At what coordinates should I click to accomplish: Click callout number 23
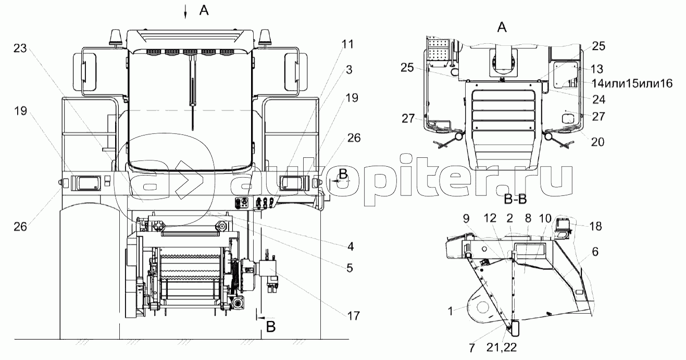tap(20, 48)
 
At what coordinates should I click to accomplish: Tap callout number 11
tap(347, 44)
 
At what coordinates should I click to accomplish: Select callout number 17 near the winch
tap(353, 316)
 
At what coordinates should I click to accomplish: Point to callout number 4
tap(351, 246)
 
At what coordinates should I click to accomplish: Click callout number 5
tap(350, 268)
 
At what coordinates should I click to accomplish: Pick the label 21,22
tap(502, 347)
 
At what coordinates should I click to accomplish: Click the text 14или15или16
tap(632, 83)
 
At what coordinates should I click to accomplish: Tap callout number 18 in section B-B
tap(596, 227)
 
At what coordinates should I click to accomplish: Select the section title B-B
tap(516, 199)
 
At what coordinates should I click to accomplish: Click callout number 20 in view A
tap(597, 142)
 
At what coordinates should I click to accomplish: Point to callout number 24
tap(598, 100)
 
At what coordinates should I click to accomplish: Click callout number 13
tap(597, 69)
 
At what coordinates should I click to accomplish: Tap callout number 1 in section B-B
tap(450, 312)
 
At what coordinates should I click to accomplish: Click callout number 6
tap(595, 252)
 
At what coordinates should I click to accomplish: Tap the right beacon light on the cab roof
tap(264, 38)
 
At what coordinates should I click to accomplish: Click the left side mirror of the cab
tap(84, 72)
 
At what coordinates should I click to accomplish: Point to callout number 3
tap(349, 70)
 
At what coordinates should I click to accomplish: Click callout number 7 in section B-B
tap(472, 348)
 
